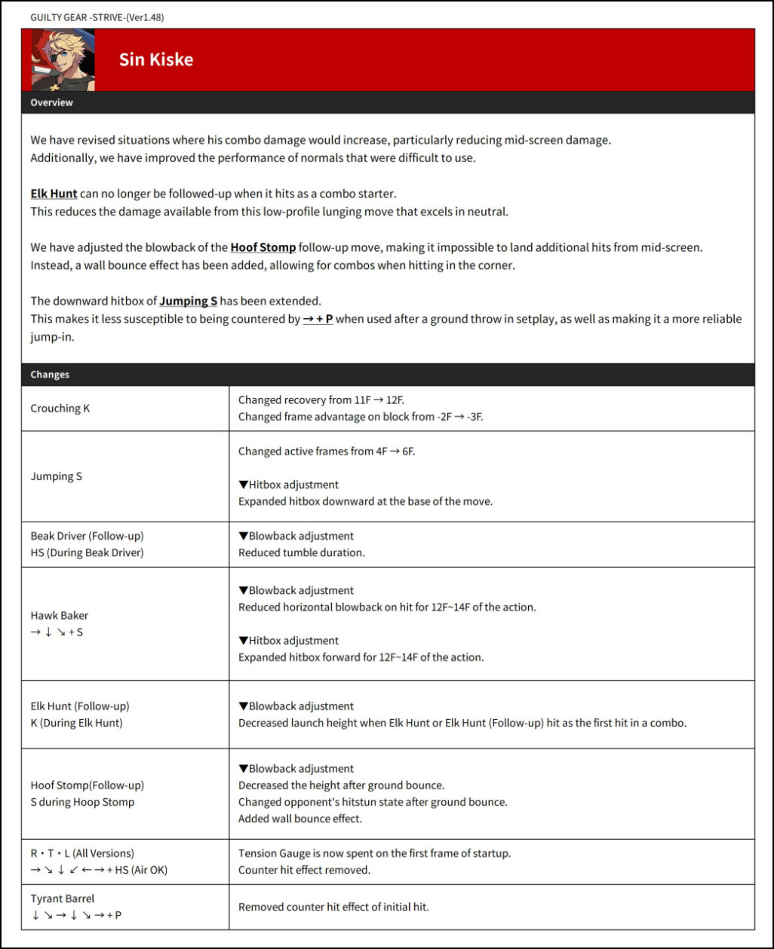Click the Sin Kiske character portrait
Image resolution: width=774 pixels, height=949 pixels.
[x=63, y=60]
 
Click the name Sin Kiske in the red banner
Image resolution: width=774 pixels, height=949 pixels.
[x=155, y=60]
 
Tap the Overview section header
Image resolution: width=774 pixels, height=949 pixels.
[x=52, y=103]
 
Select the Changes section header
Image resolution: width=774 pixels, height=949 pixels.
[x=50, y=375]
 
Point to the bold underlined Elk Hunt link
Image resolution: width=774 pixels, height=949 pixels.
[x=54, y=194]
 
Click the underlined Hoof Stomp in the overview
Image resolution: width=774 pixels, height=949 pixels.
[x=263, y=247]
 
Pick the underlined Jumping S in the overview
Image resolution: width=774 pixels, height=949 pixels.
[x=188, y=301]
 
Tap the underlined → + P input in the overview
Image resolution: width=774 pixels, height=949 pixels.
[x=318, y=319]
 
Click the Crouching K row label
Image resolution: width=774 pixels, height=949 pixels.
[x=60, y=409]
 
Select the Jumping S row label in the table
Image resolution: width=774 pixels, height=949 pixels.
[x=57, y=476]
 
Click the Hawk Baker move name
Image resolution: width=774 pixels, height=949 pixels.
[x=60, y=615]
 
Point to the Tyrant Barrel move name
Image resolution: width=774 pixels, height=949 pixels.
[x=63, y=898]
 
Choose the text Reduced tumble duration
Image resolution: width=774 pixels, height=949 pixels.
[x=301, y=553]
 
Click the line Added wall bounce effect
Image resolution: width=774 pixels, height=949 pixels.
[x=300, y=819]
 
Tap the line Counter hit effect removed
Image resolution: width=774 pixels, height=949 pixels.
[x=304, y=870]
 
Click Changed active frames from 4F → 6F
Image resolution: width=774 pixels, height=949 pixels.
[x=327, y=452]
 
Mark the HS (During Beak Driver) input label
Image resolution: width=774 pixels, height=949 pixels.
[x=87, y=553]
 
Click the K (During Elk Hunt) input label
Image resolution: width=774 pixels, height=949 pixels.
[x=76, y=723]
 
